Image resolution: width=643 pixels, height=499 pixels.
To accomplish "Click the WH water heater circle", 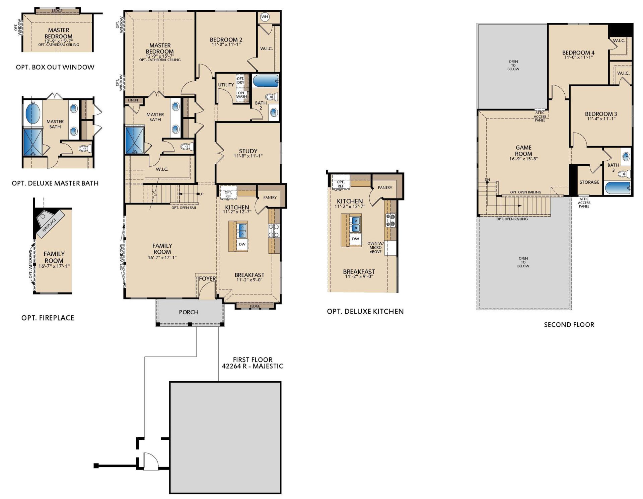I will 265,17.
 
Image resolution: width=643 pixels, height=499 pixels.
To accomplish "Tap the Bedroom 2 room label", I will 226,40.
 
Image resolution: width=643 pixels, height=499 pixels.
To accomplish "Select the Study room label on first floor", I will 248,151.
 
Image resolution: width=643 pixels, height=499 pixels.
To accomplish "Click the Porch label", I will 189,312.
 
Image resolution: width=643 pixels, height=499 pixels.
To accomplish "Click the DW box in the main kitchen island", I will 242,244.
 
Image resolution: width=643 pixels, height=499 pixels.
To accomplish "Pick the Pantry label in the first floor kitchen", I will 270,197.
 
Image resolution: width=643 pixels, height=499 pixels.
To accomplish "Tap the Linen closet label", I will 133,100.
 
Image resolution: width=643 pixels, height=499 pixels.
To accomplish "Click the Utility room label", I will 226,85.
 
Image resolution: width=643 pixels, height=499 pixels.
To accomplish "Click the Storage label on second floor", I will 589,182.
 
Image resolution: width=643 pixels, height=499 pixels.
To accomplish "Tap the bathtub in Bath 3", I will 618,188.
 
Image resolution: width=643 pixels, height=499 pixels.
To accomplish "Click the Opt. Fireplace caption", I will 48,318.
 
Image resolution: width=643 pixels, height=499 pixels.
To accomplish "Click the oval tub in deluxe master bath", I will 33,113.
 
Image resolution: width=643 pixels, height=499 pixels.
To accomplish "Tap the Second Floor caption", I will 569,324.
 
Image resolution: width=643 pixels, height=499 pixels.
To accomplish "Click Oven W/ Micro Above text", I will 375,247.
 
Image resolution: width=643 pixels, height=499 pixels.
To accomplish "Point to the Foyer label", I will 207,278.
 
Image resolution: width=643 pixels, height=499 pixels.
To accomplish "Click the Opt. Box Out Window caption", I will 55,67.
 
